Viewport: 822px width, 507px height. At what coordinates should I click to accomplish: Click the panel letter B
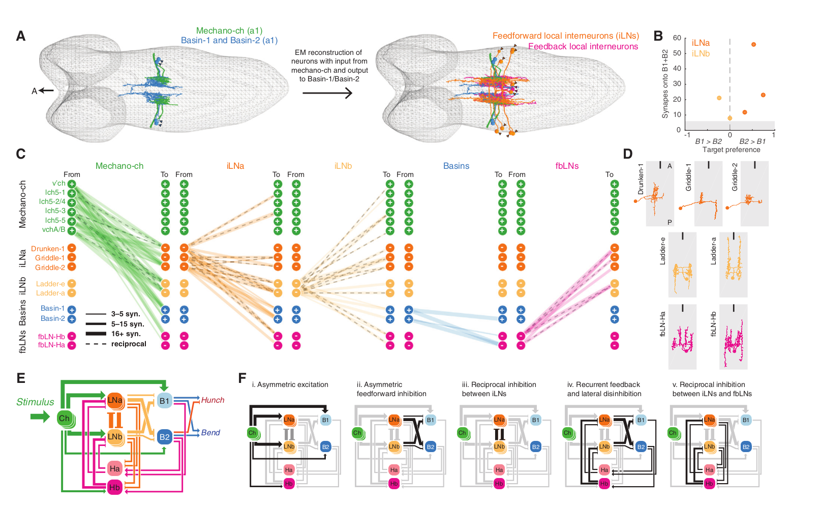(x=658, y=36)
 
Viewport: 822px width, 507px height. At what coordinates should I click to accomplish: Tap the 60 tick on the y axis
(x=677, y=38)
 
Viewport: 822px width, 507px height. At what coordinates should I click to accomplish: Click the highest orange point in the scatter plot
(x=753, y=44)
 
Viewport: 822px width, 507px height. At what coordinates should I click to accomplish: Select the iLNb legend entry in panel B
(x=701, y=53)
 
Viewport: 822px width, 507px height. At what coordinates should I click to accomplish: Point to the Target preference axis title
(x=731, y=150)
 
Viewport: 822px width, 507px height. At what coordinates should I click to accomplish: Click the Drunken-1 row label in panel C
(x=48, y=249)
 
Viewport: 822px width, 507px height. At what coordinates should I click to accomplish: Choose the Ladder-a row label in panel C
(x=50, y=293)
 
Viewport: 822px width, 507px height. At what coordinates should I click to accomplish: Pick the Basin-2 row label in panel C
(x=52, y=318)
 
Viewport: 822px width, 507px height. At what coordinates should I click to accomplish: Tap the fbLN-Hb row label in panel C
(x=51, y=337)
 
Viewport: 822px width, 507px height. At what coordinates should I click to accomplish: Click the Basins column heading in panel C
(x=456, y=166)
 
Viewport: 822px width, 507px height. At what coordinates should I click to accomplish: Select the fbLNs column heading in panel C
(x=567, y=166)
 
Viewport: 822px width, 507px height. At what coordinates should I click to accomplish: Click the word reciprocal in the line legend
(x=129, y=344)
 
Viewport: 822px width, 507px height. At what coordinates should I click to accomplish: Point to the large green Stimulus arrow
(x=40, y=417)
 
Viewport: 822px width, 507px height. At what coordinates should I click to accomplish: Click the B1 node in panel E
(x=164, y=401)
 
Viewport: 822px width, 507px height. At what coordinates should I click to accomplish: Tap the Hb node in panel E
(x=114, y=487)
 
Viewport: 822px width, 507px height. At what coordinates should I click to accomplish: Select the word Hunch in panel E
(x=212, y=400)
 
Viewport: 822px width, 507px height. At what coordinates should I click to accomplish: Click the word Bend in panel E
(x=210, y=433)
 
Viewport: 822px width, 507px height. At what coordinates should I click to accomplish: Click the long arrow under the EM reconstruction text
(x=327, y=93)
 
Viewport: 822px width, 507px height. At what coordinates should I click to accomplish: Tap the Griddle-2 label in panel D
(x=735, y=177)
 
